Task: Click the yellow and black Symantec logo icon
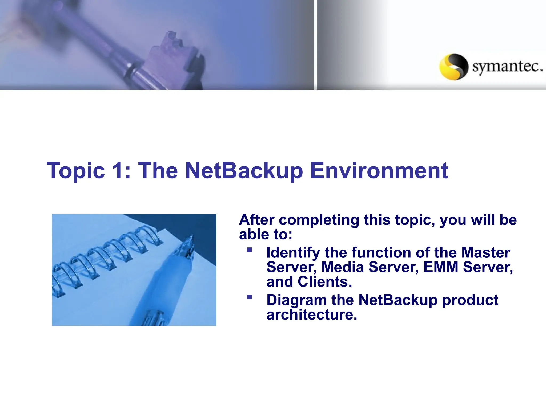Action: point(453,67)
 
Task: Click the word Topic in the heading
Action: point(76,171)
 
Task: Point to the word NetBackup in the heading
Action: point(244,171)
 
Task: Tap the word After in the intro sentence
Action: point(256,220)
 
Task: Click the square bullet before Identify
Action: point(249,250)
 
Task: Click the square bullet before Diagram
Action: point(249,297)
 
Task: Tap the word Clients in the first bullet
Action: point(325,282)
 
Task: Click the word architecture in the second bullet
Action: point(311,315)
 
